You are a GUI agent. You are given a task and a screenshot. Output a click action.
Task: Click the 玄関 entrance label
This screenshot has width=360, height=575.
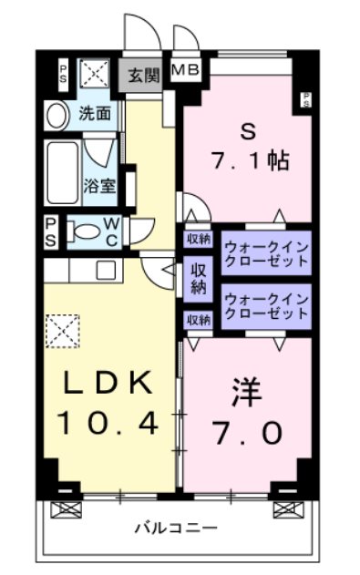pyautogui.click(x=142, y=75)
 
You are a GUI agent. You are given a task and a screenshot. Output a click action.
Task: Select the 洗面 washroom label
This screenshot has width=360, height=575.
pyautogui.click(x=94, y=114)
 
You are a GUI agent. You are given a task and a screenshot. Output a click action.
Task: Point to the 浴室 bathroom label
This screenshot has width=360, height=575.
pyautogui.click(x=100, y=185)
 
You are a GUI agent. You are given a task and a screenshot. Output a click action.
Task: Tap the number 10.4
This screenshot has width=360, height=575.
pyautogui.click(x=109, y=422)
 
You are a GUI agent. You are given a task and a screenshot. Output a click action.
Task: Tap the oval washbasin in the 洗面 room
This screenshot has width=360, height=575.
pyautogui.click(x=57, y=115)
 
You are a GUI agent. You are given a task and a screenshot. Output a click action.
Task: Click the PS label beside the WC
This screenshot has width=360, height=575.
pyautogui.click(x=50, y=231)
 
